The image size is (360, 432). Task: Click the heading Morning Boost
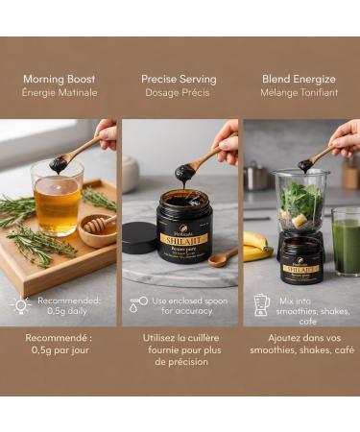pos(60,79)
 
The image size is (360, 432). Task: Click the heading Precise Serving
pos(179,79)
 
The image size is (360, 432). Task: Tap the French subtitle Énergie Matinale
pos(60,93)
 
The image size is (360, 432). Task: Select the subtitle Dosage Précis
pos(179,93)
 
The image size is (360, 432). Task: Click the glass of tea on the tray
pos(57,202)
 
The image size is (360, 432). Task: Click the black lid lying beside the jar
pos(140,238)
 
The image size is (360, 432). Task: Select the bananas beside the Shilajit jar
pos(254,245)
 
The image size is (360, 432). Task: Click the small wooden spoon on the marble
pos(224,256)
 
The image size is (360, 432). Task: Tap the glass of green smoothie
pos(347,246)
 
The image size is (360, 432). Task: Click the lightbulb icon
pos(20,304)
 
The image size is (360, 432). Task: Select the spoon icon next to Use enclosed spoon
pos(139,304)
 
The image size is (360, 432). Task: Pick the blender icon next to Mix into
pos(260,304)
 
